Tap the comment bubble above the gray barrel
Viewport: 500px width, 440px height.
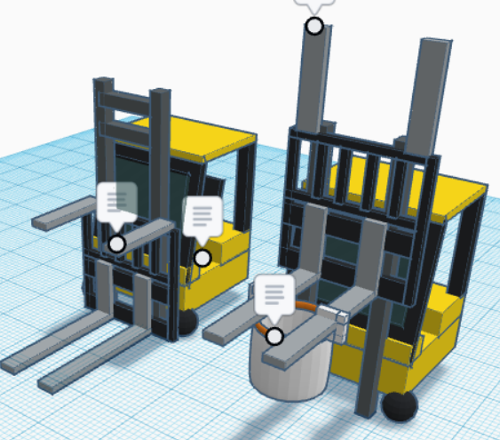(x=274, y=295)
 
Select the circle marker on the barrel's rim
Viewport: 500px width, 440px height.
(x=275, y=337)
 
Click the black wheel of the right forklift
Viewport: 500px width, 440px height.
(x=401, y=405)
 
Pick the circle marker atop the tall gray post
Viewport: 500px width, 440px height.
(x=314, y=26)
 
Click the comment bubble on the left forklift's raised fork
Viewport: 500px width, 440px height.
(x=117, y=202)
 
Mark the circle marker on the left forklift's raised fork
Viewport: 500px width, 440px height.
(x=116, y=244)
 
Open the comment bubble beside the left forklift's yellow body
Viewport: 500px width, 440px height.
(x=202, y=217)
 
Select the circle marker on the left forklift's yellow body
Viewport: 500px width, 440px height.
(x=202, y=258)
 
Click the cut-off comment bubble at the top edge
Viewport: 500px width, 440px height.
(x=315, y=4)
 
